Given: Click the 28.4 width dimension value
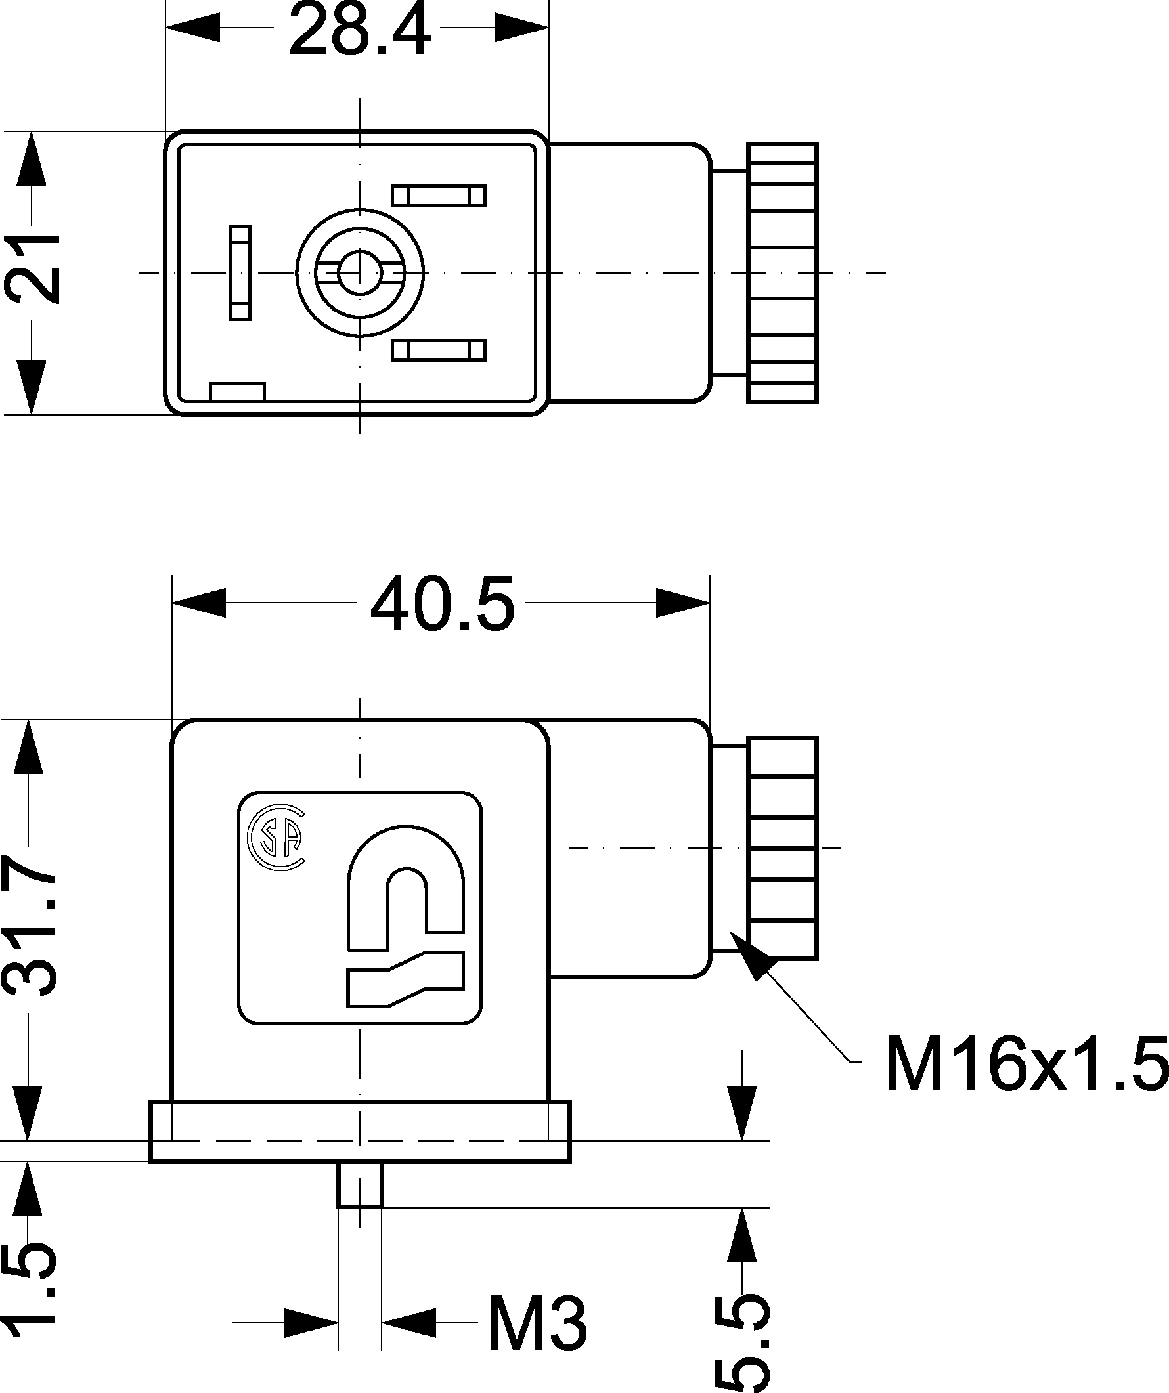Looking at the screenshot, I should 359,30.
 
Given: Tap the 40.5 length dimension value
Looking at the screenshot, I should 442,604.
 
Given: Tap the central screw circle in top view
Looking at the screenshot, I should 360,272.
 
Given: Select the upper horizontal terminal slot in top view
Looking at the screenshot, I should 439,196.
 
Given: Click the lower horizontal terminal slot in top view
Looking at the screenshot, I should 439,350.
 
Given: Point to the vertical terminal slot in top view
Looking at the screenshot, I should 240,272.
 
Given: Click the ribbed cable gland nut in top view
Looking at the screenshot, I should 782,272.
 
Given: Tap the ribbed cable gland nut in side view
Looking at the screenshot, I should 782,847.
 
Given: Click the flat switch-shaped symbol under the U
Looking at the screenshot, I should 404,978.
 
